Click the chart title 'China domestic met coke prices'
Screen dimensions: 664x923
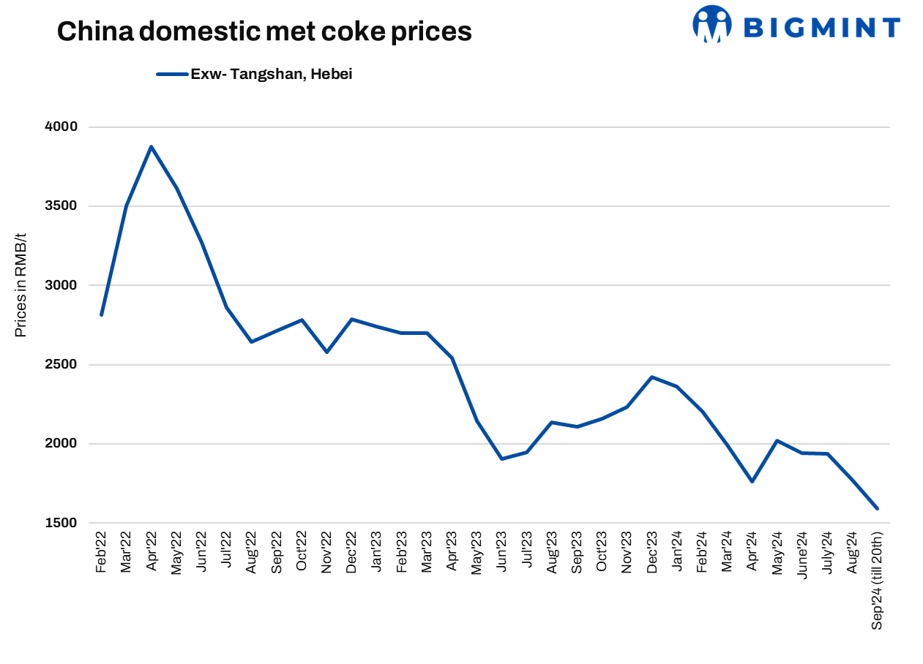click(x=264, y=31)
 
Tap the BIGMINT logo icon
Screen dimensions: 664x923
click(x=711, y=24)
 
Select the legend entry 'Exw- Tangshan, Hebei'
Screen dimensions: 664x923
click(x=255, y=74)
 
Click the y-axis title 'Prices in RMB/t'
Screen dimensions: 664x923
click(x=20, y=285)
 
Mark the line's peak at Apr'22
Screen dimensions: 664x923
click(x=152, y=146)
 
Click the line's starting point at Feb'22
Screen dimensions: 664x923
click(x=101, y=315)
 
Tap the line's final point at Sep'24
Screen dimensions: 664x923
click(x=878, y=508)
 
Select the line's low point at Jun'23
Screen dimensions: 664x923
click(x=501, y=459)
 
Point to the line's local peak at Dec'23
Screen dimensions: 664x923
click(x=651, y=377)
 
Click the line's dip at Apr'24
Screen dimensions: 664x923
click(x=752, y=481)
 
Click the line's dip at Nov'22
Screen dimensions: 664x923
click(x=326, y=352)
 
